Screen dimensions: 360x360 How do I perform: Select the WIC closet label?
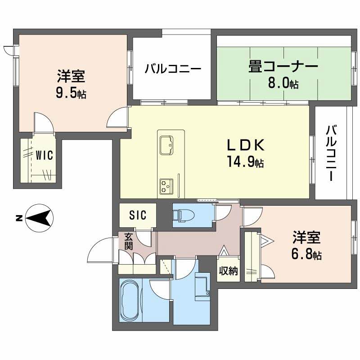pos(45,155)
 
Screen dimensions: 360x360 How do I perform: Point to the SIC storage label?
pos(138,216)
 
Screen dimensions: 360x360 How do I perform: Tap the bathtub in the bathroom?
pos(130,301)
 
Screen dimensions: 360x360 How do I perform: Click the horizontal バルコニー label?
pos(172,69)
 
